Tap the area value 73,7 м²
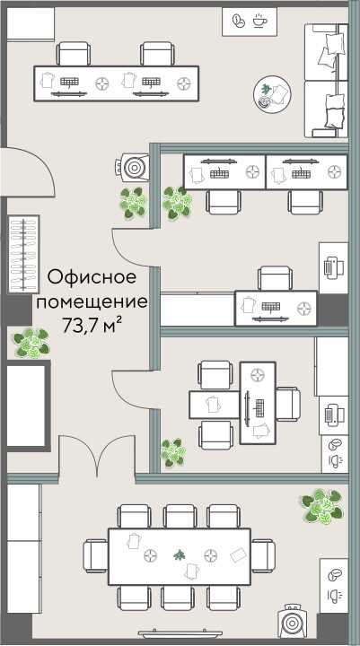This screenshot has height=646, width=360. (91, 324)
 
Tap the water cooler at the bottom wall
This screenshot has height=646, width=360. (294, 622)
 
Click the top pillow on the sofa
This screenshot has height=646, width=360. (331, 43)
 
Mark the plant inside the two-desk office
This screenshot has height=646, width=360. (177, 203)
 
